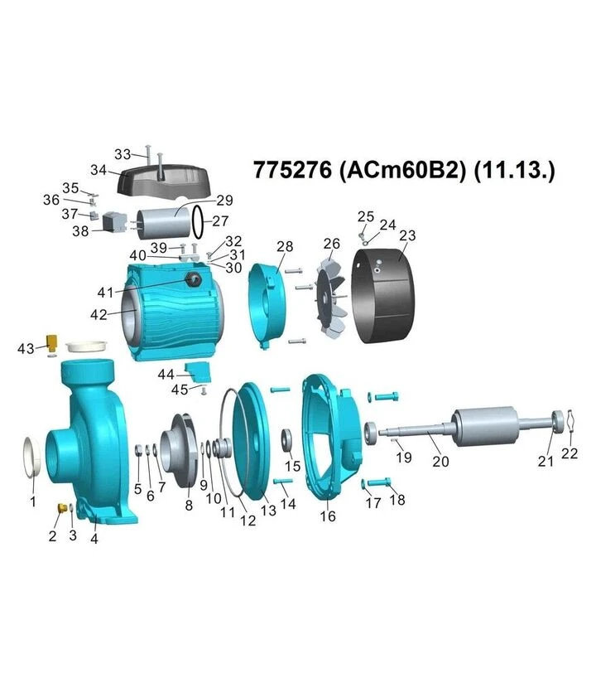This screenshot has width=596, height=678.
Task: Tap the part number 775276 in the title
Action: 292,170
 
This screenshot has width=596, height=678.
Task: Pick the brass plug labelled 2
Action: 61,506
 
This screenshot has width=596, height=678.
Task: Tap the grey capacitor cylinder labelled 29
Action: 164,223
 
